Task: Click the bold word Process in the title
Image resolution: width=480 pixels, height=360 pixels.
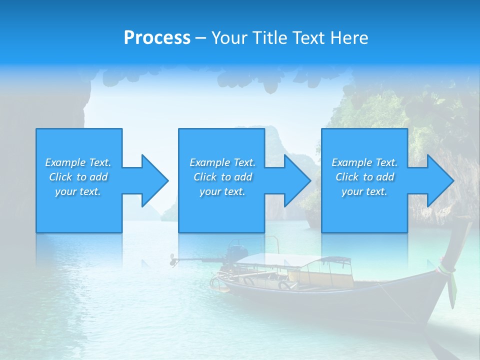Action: pyautogui.click(x=157, y=38)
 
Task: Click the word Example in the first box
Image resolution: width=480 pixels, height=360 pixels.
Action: pyautogui.click(x=65, y=162)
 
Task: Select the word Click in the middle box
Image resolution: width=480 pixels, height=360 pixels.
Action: pyautogui.click(x=204, y=177)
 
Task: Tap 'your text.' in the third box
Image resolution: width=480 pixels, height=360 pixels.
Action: pyautogui.click(x=364, y=191)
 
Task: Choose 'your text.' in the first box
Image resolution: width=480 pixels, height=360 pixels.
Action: pyautogui.click(x=78, y=191)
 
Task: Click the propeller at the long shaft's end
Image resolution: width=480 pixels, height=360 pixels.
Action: pyautogui.click(x=172, y=259)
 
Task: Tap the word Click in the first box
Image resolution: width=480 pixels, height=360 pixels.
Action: pyautogui.click(x=60, y=177)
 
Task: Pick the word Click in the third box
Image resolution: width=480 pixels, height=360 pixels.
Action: pyautogui.click(x=347, y=177)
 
